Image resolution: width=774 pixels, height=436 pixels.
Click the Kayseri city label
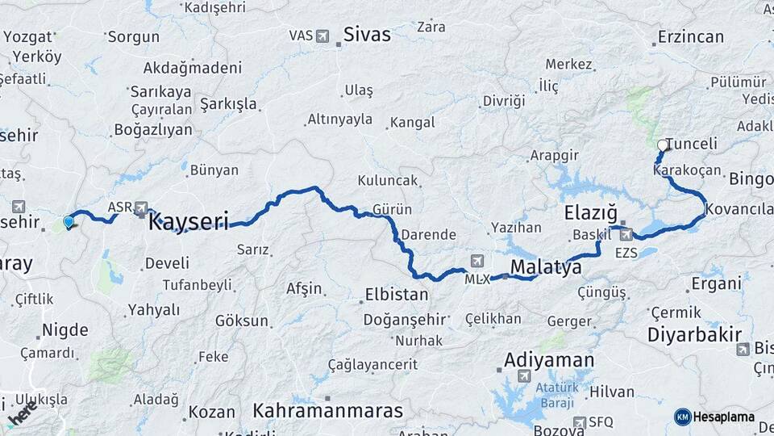[x=189, y=221]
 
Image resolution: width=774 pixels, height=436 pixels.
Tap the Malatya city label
[x=546, y=267]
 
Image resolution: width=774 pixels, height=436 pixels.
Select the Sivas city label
[x=367, y=35]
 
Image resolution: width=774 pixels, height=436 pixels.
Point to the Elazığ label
[x=591, y=214]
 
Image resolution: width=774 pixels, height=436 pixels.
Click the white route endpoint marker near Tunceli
[x=663, y=145]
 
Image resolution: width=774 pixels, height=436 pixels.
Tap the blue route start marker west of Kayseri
[x=69, y=220]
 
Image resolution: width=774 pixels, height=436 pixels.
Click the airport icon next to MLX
[x=477, y=261]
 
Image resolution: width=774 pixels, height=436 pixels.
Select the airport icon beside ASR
[x=142, y=207]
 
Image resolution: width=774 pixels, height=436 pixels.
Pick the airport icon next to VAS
[x=323, y=36]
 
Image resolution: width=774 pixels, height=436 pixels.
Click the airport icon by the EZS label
[x=626, y=235]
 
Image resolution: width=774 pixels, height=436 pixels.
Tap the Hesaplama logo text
[x=722, y=417]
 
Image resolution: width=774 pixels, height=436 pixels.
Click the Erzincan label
[x=690, y=37]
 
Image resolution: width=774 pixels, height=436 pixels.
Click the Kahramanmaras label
[x=327, y=410]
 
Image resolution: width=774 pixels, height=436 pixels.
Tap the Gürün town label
[x=393, y=209]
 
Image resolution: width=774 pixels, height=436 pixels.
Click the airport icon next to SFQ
[x=580, y=421]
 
